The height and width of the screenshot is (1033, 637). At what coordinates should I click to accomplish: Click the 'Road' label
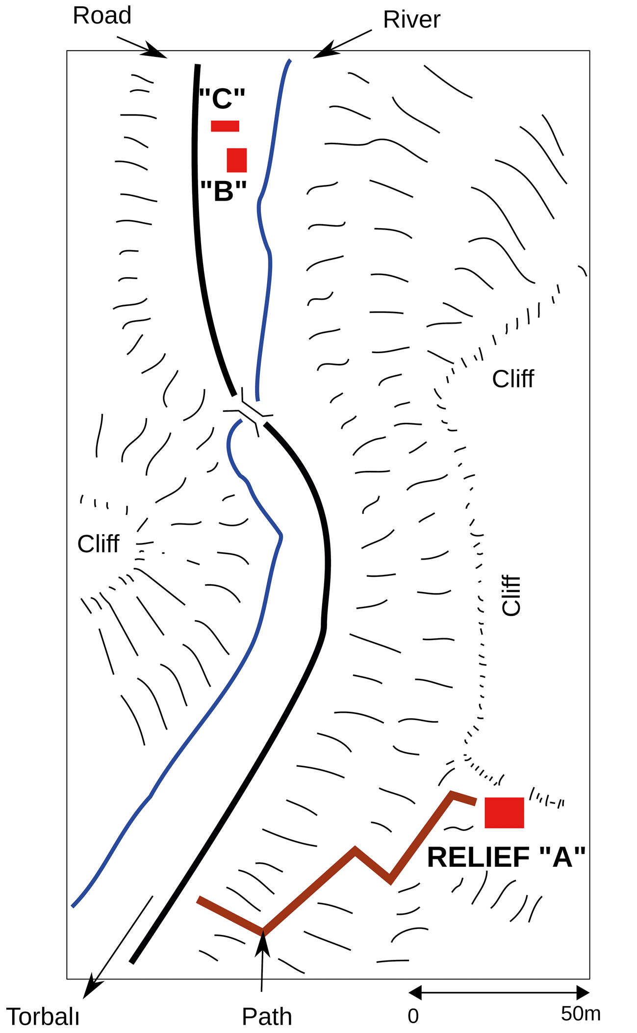pos(102,16)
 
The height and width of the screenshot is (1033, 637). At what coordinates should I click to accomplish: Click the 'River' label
pos(411,20)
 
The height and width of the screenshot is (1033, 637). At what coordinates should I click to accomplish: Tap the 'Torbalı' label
pos(43,1017)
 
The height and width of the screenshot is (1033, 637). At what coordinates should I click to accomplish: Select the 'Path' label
pos(267,1017)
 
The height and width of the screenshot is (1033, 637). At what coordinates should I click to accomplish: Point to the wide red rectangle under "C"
pos(225,126)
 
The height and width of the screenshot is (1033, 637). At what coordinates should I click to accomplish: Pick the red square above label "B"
pos(237,160)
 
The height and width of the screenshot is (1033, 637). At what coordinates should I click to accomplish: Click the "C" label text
pos(222,99)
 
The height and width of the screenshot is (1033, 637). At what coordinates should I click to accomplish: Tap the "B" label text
pos(224,191)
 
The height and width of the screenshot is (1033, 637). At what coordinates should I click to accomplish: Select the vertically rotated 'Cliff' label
pos(511,595)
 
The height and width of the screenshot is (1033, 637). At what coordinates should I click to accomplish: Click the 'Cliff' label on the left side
pos(98,544)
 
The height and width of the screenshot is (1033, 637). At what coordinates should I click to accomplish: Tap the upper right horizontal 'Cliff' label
pos(513,379)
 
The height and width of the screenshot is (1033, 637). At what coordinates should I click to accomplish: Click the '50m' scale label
pos(581,1013)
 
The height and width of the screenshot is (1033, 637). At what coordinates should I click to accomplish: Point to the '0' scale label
pos(413,1016)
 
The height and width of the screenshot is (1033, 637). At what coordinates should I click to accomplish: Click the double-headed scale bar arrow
pos(499,992)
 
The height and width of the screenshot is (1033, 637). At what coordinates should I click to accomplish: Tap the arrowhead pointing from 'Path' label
pos(263,943)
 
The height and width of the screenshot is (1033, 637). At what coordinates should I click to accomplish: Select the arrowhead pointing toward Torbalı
pos(90,988)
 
